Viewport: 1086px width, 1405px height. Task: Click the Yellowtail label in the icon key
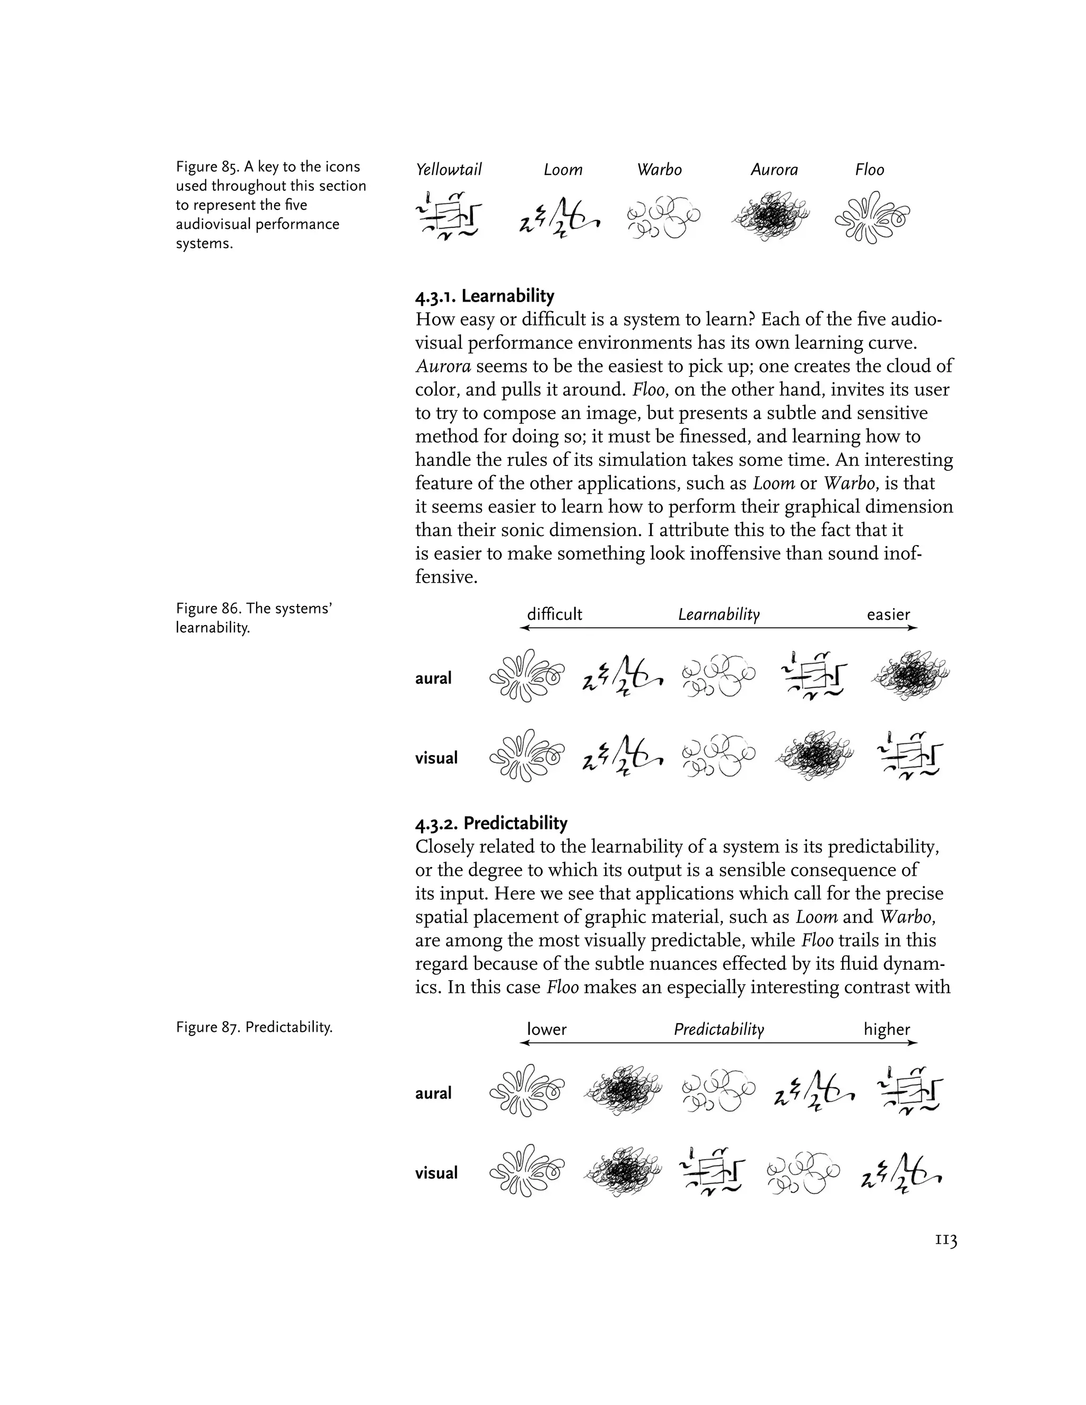[449, 170]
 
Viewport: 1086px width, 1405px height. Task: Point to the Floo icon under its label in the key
[872, 217]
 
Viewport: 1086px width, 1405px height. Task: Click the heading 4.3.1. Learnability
[485, 296]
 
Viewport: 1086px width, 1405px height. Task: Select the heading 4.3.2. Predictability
[492, 823]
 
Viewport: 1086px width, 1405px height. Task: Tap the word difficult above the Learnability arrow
[554, 614]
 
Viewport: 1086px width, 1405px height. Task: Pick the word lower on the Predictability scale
[546, 1029]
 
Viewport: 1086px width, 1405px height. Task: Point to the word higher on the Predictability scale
[887, 1029]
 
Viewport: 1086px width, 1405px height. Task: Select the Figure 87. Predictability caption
[254, 1028]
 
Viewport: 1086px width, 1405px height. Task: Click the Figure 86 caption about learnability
[253, 618]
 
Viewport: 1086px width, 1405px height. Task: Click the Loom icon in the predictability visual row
[901, 1173]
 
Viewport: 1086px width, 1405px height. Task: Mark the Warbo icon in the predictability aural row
[717, 1092]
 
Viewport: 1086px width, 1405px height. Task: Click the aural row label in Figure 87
[433, 1093]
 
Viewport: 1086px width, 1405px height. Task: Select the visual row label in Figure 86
[436, 758]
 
